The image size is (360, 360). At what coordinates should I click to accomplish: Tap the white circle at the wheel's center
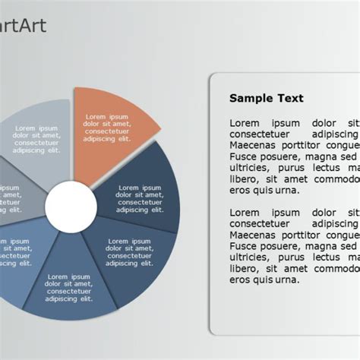(x=70, y=206)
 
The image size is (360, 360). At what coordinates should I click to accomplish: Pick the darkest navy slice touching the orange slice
(x=148, y=194)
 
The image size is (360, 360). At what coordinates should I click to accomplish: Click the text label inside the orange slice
(x=107, y=128)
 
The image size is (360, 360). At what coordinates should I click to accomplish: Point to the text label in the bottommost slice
(x=68, y=288)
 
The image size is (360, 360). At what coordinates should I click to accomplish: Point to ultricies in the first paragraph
(x=251, y=167)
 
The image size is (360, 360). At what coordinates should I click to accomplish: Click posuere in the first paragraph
(x=283, y=156)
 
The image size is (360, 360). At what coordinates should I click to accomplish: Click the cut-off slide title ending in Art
(x=23, y=26)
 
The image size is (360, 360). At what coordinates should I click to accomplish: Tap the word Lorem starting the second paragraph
(x=245, y=212)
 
